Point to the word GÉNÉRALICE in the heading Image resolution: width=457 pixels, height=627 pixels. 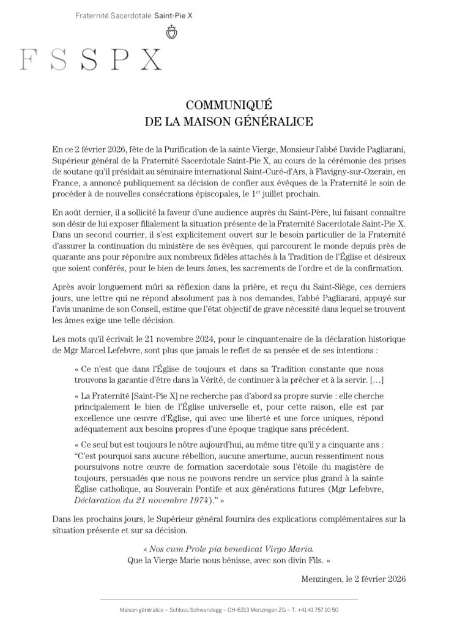coord(278,121)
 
